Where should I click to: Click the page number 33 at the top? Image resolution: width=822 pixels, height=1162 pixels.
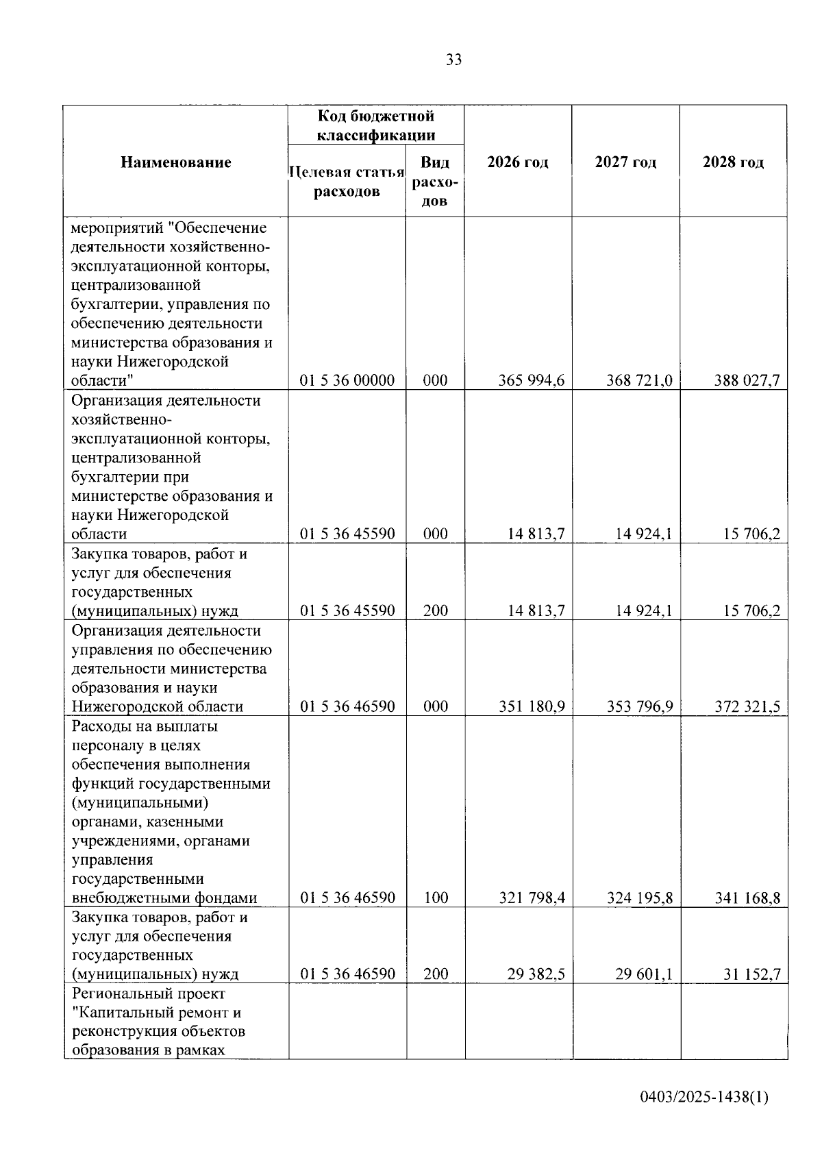coord(453,60)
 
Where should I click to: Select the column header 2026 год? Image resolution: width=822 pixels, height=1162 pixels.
coord(518,162)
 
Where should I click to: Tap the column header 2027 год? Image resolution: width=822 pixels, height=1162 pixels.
coord(625,162)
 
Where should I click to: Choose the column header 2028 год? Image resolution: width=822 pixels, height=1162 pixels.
coord(733,162)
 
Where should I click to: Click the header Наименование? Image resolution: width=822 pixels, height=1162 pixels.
coord(176,162)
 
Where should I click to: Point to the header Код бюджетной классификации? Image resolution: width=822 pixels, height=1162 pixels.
coord(375,125)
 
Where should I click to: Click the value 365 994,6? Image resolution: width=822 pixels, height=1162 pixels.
coord(532,380)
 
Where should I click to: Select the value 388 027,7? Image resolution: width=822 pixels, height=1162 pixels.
coord(747,380)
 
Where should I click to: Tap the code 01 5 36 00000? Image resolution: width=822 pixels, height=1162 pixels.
coord(347,380)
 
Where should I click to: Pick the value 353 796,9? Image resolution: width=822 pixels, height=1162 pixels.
coord(639,706)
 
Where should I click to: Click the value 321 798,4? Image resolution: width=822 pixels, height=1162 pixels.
coord(532,898)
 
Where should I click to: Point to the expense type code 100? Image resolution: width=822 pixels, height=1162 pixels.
coord(435,898)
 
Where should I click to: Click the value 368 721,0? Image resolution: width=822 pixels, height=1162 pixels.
coord(639,380)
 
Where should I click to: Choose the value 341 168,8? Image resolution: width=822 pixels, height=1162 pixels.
coord(747,898)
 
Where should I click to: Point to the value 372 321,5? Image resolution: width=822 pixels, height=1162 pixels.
coord(747,706)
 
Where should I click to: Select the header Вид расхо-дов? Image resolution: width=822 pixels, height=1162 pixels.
coord(435,182)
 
